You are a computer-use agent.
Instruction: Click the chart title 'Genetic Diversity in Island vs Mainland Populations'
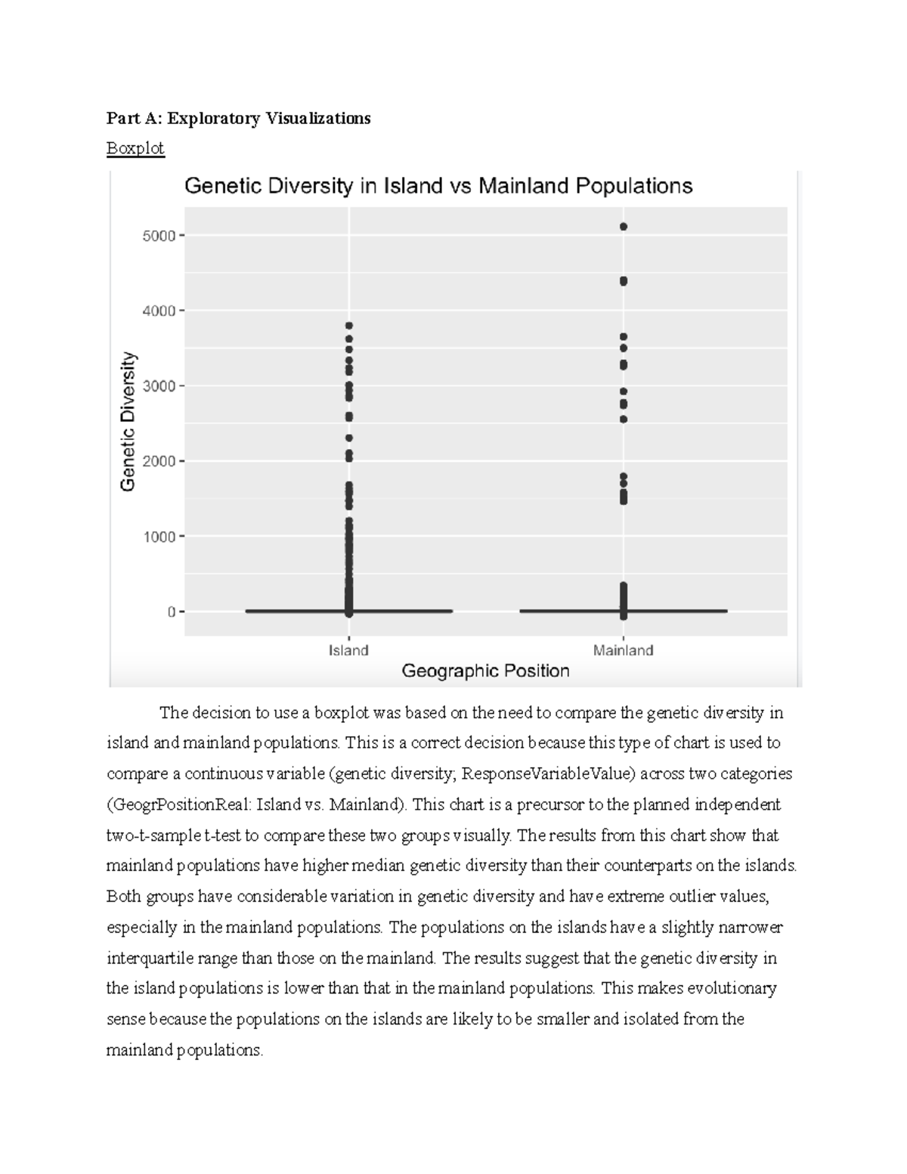[x=438, y=186]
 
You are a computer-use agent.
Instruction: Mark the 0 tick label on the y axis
[x=172, y=612]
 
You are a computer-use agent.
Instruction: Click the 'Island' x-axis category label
[x=348, y=650]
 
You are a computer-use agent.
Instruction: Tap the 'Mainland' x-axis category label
[x=623, y=650]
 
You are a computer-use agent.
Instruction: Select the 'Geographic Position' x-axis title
[x=485, y=671]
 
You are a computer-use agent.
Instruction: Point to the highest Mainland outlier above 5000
[x=624, y=227]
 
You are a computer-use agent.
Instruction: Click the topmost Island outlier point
[x=348, y=326]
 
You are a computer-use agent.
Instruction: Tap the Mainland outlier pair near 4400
[x=624, y=281]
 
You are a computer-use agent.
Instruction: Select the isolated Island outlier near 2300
[x=348, y=438]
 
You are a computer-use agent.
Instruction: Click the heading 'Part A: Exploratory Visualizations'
[x=238, y=119]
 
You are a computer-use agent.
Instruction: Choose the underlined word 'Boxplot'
[x=135, y=148]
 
